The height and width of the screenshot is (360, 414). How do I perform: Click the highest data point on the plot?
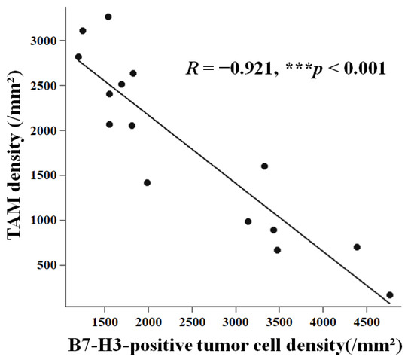(x=108, y=17)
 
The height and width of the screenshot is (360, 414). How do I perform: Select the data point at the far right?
(x=390, y=295)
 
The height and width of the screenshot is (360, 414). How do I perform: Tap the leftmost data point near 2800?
(x=78, y=56)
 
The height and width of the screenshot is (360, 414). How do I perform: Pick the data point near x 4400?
(x=357, y=247)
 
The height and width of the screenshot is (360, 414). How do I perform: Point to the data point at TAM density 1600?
(x=264, y=166)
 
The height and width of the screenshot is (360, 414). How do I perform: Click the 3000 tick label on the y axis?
(x=44, y=41)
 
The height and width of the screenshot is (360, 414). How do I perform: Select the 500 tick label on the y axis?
(x=47, y=265)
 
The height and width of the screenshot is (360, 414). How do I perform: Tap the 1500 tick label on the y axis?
(x=44, y=175)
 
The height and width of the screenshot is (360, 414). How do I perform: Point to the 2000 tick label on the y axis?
(x=44, y=130)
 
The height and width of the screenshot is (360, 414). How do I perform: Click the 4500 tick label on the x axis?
(x=367, y=322)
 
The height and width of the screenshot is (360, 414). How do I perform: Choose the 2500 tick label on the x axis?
(x=192, y=322)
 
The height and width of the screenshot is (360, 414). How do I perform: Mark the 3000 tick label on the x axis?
(x=236, y=322)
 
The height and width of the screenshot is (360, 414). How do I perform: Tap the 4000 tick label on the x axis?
(x=323, y=322)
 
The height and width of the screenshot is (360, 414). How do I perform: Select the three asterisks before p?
(x=298, y=66)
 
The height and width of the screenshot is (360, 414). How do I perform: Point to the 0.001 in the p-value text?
(x=364, y=69)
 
